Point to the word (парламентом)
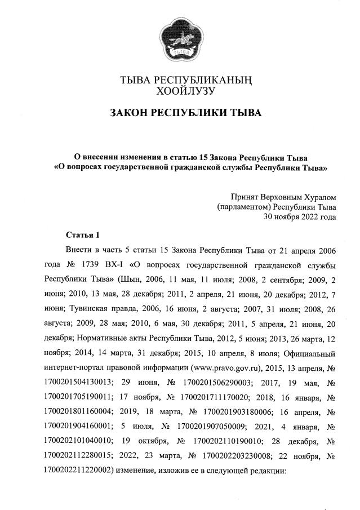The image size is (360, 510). tap(243, 207)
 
